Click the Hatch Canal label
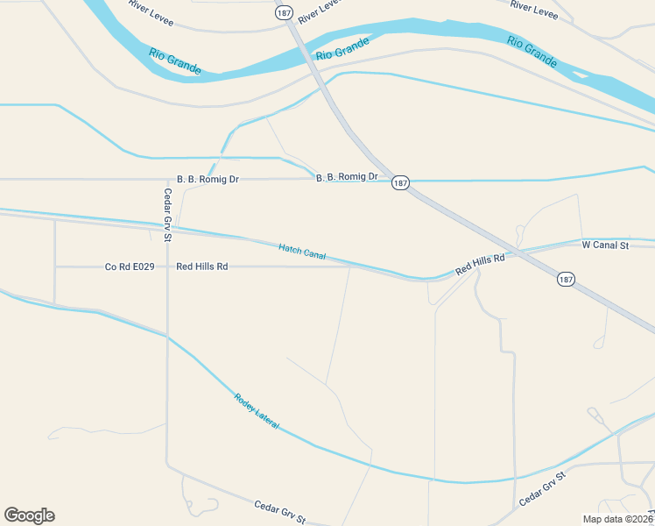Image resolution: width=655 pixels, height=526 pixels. coord(302,252)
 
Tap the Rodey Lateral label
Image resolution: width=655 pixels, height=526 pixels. coord(256,410)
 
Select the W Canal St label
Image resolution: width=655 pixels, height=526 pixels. coord(605,245)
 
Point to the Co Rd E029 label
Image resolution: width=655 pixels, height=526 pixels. coord(130,267)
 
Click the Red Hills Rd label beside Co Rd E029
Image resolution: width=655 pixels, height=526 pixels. coord(201,267)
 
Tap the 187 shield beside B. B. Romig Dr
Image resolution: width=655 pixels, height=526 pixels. coord(400,182)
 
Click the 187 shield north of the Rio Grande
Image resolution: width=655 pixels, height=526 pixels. coord(282,13)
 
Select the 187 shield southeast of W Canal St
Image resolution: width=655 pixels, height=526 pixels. coord(566,279)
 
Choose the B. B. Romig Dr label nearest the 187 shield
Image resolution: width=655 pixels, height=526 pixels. coord(347,177)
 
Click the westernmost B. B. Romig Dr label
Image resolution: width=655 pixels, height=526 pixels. coord(208,179)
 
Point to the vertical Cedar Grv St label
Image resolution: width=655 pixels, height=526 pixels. coord(166,215)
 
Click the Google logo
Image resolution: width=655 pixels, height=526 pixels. coord(29,515)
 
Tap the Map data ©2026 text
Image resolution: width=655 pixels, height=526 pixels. coord(616,519)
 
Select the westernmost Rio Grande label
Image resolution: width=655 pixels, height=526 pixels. coord(174,61)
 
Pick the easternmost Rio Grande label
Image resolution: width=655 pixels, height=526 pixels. coord(532,51)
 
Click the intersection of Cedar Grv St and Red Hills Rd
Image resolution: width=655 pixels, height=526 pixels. coord(166,267)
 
